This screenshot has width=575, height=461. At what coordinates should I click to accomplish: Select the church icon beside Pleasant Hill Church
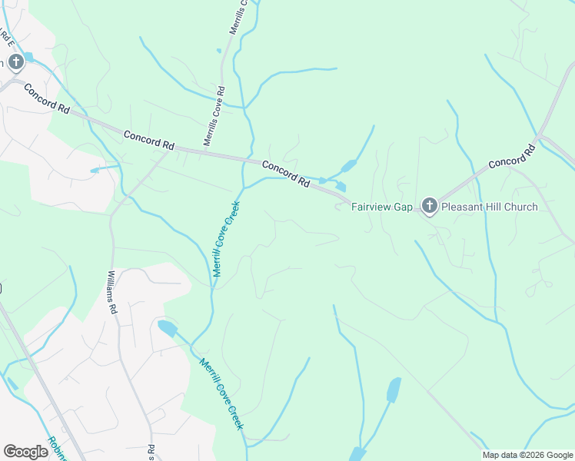pos(429,205)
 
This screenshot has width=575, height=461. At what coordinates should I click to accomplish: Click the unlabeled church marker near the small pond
pos(15,61)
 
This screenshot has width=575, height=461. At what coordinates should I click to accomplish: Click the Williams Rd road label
pos(111,292)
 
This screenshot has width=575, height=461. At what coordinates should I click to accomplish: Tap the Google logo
pos(25,452)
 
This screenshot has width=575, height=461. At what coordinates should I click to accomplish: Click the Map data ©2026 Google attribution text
pos(527,455)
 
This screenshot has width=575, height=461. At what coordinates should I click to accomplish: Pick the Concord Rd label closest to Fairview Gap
pos(285,174)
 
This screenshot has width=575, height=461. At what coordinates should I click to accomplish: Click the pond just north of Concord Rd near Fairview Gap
pos(347,166)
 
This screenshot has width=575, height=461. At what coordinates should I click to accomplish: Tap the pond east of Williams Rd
pos(166,329)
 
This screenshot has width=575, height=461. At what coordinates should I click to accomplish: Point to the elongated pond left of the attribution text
pos(393,390)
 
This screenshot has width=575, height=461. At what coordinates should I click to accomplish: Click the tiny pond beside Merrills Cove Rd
pos(219,51)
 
